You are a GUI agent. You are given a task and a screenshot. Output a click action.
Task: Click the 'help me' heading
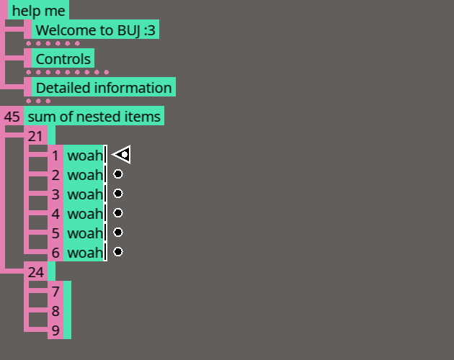click(38, 11)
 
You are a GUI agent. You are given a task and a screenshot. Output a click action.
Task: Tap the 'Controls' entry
click(63, 59)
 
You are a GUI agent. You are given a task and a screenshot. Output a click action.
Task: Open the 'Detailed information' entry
click(104, 88)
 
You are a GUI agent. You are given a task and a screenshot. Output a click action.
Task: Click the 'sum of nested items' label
click(94, 117)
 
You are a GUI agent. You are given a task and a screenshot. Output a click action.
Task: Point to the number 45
click(12, 117)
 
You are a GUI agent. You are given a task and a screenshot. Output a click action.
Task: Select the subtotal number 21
click(36, 136)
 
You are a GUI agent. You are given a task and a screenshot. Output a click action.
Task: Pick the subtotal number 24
click(36, 272)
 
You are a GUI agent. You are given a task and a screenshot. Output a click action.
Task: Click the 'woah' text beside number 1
click(85, 156)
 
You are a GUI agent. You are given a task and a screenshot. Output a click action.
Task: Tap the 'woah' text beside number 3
click(85, 194)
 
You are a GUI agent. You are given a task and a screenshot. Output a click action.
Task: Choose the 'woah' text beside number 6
click(85, 253)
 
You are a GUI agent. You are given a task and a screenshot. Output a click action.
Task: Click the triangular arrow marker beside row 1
click(122, 154)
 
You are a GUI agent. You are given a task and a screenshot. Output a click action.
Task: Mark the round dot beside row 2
click(118, 174)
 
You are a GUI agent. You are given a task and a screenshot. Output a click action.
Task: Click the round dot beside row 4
click(118, 213)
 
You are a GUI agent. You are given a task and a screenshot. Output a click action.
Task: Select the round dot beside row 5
click(118, 233)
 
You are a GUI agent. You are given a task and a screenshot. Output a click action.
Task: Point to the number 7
click(55, 292)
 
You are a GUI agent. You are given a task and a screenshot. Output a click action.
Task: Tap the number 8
click(55, 311)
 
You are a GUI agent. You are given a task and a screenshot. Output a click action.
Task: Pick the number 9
click(55, 330)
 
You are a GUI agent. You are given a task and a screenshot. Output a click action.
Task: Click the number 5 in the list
click(55, 233)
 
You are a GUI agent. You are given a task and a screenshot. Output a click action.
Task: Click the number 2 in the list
click(55, 175)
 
